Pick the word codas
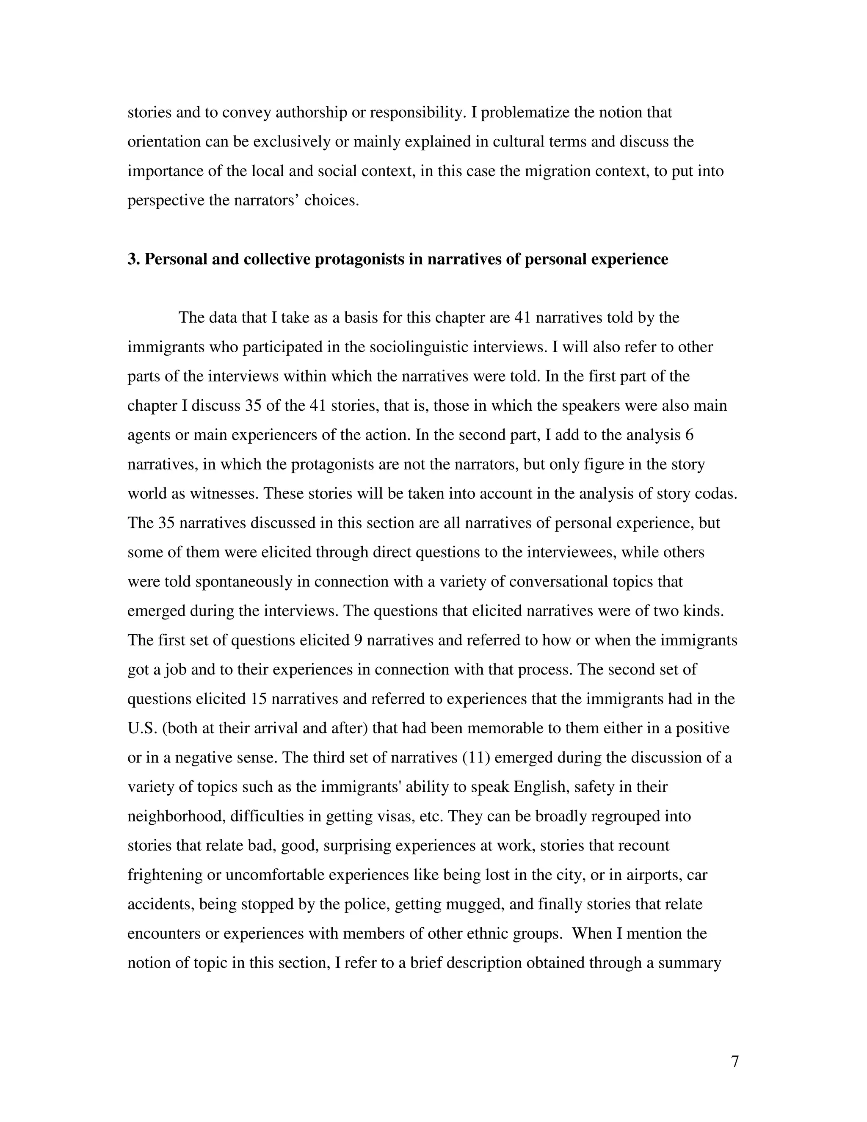point(715,494)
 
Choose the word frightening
point(164,875)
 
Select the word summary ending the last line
point(689,963)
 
